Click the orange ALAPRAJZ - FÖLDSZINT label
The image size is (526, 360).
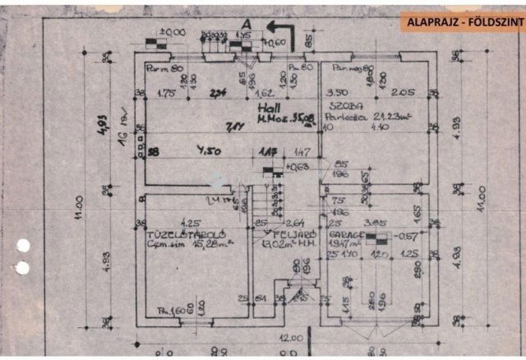pos(464,22)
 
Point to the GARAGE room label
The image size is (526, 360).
pos(346,233)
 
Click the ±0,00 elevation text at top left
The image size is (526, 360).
pos(173,32)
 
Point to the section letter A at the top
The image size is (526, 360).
pos(246,24)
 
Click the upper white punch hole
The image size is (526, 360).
pos(23,245)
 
